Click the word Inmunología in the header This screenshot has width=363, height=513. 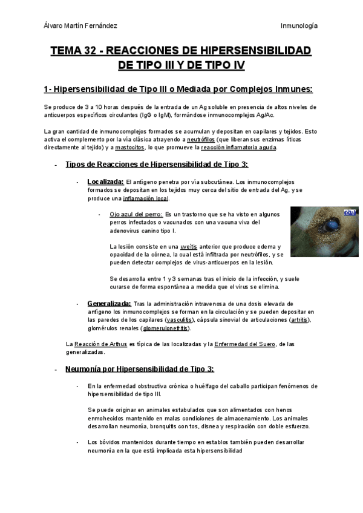(x=299, y=25)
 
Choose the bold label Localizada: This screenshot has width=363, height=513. (x=105, y=181)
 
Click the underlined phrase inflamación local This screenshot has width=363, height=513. (x=146, y=198)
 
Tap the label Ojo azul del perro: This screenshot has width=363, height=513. (x=136, y=214)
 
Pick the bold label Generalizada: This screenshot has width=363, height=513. (x=109, y=303)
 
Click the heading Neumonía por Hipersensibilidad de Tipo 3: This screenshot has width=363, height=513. (x=139, y=369)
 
